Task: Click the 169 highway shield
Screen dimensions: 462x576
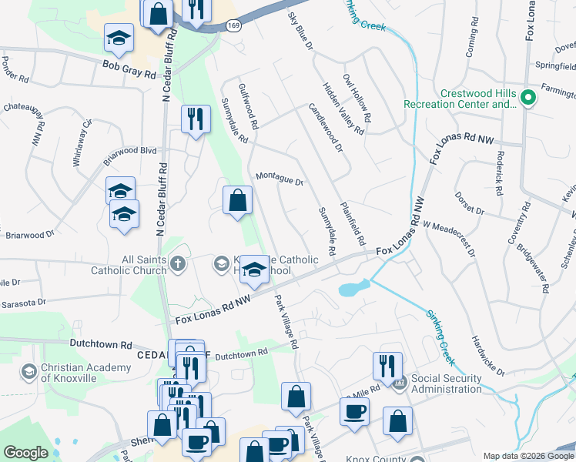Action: click(232, 26)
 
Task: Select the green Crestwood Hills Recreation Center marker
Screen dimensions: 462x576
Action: click(528, 99)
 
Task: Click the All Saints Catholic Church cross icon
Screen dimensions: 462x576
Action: click(178, 264)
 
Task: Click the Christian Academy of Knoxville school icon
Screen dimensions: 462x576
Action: click(28, 373)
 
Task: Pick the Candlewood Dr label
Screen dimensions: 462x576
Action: click(324, 128)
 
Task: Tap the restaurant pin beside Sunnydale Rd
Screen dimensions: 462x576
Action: click(196, 119)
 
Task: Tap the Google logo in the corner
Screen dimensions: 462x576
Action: click(25, 452)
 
